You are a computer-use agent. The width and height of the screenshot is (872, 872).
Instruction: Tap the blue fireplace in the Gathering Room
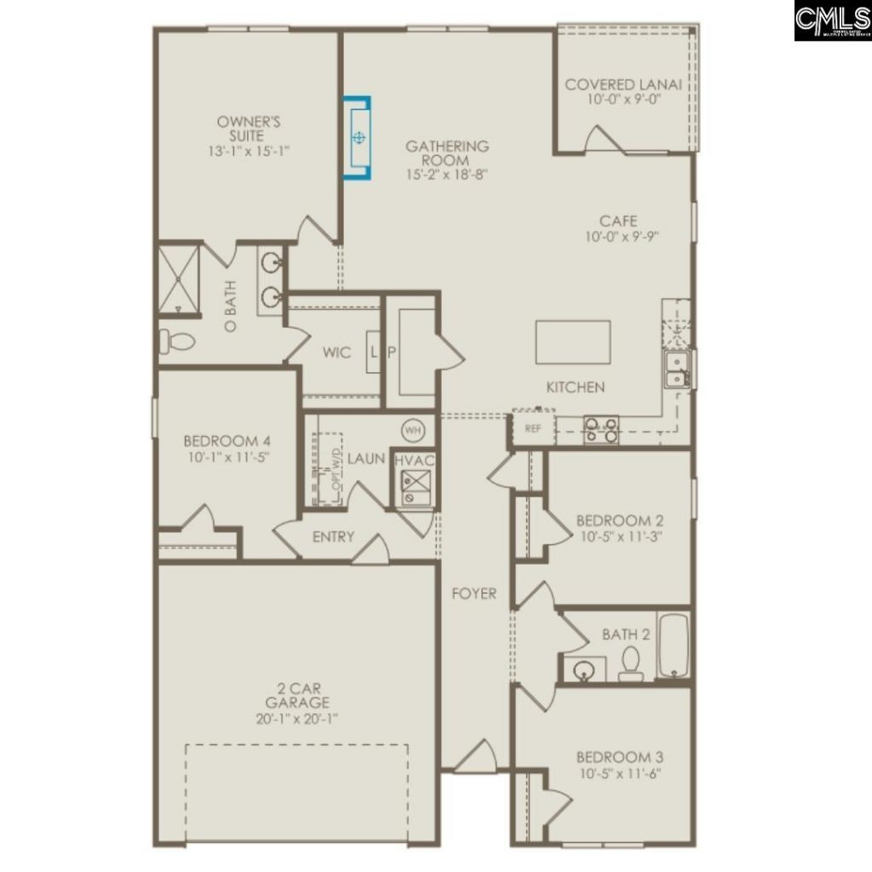tap(359, 137)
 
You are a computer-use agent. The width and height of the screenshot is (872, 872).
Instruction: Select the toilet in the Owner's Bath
tap(177, 341)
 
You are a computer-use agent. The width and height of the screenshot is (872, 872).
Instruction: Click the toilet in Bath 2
tap(631, 663)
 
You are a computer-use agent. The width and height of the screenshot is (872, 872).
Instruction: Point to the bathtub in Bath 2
tap(672, 645)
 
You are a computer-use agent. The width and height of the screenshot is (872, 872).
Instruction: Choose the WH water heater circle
tap(413, 430)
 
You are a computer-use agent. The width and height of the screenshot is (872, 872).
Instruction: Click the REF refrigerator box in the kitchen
tap(533, 429)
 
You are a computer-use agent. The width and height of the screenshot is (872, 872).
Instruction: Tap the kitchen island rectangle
tap(572, 341)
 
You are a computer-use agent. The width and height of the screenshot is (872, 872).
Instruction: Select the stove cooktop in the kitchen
tap(601, 429)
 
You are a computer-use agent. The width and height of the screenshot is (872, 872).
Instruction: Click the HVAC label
tap(415, 461)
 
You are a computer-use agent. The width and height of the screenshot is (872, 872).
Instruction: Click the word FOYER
tap(473, 594)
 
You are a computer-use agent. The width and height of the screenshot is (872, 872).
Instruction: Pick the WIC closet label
tap(338, 353)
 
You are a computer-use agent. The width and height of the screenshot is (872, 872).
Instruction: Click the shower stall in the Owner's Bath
tap(178, 278)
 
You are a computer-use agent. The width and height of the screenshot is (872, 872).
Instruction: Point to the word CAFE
tap(617, 221)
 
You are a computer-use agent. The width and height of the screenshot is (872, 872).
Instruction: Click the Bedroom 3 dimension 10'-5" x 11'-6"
tap(618, 773)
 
